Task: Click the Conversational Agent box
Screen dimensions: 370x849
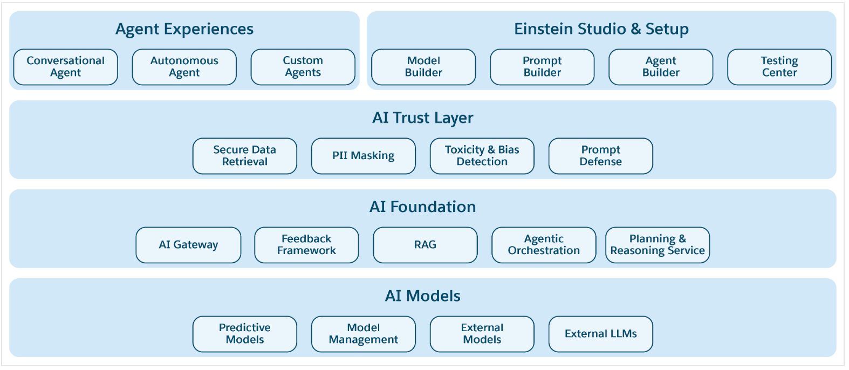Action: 66,67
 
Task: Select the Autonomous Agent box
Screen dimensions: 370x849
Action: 184,67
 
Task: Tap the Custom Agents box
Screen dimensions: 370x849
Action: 303,67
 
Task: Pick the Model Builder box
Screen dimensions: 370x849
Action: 423,67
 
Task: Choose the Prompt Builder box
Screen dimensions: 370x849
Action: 542,67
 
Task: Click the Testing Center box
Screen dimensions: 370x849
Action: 779,67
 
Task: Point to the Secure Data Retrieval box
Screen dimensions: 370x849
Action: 245,156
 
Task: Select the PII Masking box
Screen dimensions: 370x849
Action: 364,156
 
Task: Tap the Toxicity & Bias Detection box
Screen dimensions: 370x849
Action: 482,156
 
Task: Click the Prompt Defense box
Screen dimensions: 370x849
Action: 601,156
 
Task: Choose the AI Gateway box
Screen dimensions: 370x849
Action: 188,245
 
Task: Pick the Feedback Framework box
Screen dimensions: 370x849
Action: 306,245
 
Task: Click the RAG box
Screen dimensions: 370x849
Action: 425,245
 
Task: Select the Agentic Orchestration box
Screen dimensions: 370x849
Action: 544,245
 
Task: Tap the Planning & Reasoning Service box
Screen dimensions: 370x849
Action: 658,245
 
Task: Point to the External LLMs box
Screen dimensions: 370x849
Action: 601,334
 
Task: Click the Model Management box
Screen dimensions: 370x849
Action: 364,334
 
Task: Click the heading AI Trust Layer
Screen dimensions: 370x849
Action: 423,118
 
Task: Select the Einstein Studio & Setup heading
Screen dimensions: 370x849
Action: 601,29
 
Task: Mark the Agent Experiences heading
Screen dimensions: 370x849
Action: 184,29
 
